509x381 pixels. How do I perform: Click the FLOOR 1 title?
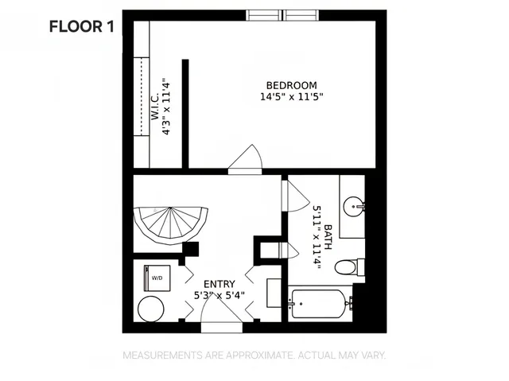[x=82, y=25]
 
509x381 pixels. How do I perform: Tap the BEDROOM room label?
[x=291, y=86]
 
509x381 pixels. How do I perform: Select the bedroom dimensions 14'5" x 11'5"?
[x=291, y=98]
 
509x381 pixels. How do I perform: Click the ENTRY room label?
[x=219, y=284]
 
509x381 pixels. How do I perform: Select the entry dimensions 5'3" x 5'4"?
[x=219, y=295]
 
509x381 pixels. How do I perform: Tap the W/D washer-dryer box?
[x=156, y=278]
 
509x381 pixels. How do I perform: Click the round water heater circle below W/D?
[x=150, y=308]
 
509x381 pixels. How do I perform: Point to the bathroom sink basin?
[x=355, y=208]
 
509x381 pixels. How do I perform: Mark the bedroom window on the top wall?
[x=283, y=15]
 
